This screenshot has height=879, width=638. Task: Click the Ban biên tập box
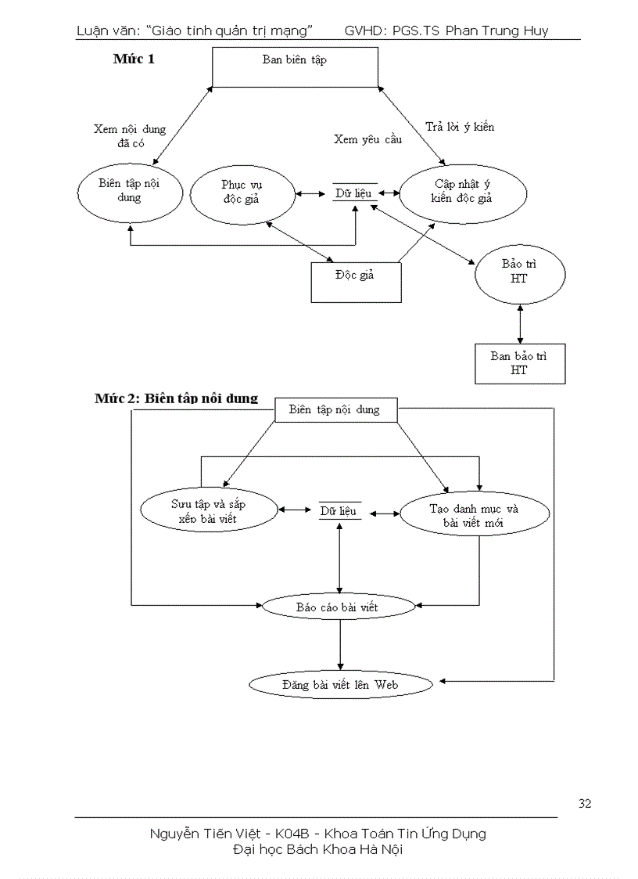tap(295, 67)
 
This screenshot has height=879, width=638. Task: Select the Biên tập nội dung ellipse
tap(130, 191)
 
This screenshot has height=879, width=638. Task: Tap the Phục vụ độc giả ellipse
tap(242, 192)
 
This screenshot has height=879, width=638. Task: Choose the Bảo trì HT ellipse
tap(519, 272)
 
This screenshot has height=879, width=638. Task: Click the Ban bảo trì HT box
tap(519, 363)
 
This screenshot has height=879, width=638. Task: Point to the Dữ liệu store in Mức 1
tap(354, 193)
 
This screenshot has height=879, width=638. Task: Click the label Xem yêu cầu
tap(367, 139)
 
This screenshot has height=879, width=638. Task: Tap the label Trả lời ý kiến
tap(460, 126)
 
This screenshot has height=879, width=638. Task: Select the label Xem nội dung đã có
tap(130, 136)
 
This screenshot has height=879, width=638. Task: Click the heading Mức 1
tap(134, 59)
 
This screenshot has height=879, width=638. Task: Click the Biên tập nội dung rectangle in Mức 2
tap(335, 409)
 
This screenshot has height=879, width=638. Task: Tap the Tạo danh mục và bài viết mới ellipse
tap(463, 514)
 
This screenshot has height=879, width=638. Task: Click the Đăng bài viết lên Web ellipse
tap(340, 684)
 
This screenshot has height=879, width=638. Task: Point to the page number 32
tap(585, 803)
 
